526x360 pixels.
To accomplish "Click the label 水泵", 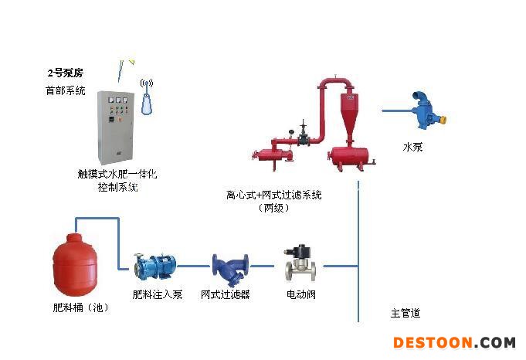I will [412, 147].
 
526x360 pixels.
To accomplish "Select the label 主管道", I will [406, 313].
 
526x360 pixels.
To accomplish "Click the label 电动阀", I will [300, 294].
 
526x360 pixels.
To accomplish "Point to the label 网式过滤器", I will [226, 294].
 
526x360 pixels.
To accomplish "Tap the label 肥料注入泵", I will [158, 294].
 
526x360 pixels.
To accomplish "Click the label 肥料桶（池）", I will [80, 307].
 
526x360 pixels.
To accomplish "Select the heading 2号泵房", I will [65, 73].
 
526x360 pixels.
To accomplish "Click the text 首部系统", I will [65, 90].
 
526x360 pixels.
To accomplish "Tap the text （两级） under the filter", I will [274, 208].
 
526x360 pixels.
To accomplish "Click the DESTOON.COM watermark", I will [454, 342].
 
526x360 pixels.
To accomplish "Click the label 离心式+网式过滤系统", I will [273, 195].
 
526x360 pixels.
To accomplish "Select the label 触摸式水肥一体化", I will [117, 175].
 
